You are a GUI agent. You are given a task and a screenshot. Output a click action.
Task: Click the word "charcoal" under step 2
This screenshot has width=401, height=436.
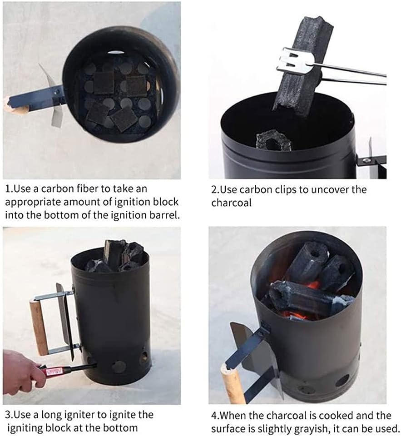(x=231, y=203)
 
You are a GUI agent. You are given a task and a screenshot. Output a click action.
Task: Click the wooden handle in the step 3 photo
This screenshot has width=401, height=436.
(x=39, y=328)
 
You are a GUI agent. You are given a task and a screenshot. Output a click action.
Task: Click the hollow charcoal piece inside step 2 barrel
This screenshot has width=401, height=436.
(x=274, y=141)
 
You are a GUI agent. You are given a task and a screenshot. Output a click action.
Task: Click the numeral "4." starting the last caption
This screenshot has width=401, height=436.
(x=215, y=416)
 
